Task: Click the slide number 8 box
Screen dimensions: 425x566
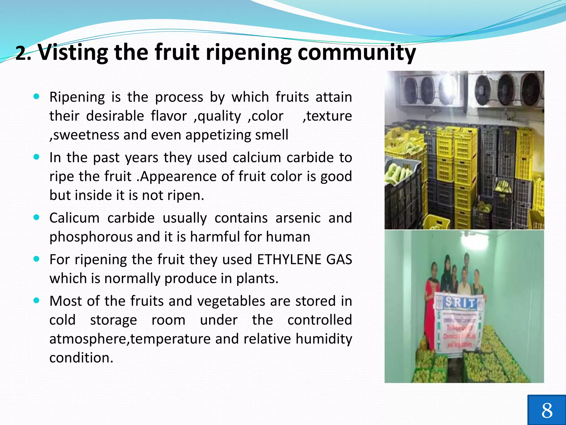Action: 546,410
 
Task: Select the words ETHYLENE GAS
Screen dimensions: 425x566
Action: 304,260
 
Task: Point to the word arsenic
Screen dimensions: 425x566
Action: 298,218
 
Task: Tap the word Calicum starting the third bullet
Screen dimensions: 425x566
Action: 74,218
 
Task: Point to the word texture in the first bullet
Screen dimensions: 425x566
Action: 329,116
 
